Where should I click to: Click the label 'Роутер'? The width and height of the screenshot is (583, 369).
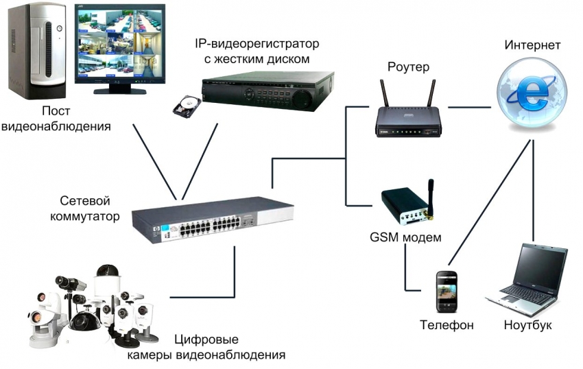[x=408, y=67]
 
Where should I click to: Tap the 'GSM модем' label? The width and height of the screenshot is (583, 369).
[x=405, y=237]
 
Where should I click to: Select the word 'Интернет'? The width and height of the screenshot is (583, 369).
[x=532, y=45]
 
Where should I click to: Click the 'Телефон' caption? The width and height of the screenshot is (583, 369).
[x=447, y=324]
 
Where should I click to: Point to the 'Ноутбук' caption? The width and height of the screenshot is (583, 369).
[x=527, y=324]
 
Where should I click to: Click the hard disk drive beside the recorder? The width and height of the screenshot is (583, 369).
[x=187, y=104]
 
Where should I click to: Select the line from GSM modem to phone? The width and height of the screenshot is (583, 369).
[x=405, y=271]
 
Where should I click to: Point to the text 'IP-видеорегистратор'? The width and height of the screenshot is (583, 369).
[x=257, y=45]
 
